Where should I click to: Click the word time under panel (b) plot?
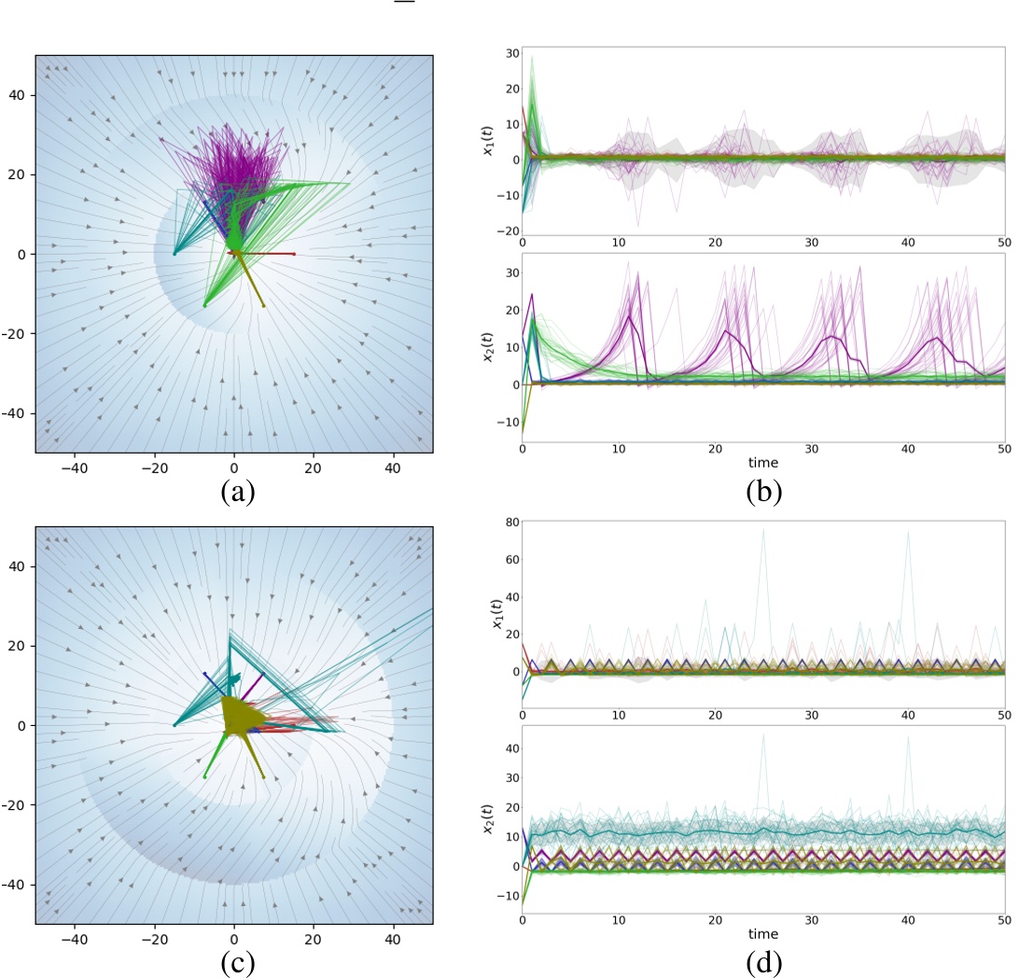pyautogui.click(x=763, y=461)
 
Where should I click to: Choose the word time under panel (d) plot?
pyautogui.click(x=763, y=933)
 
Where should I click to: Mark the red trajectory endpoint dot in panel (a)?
pyautogui.click(x=294, y=254)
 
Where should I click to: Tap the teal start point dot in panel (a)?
pyautogui.click(x=174, y=254)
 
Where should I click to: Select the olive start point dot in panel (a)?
pyautogui.click(x=264, y=305)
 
